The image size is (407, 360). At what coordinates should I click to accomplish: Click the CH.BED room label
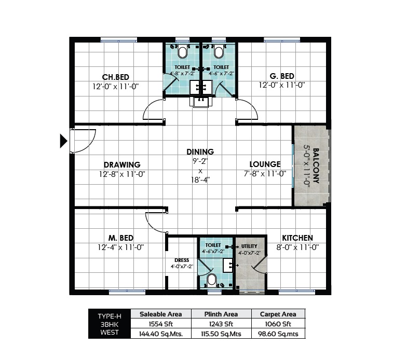click(116, 76)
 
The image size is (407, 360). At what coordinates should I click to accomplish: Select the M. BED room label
click(121, 238)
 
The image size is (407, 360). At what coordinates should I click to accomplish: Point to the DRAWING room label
click(121, 165)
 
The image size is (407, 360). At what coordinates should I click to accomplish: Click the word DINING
click(200, 152)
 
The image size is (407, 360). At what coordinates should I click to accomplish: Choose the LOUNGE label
click(265, 164)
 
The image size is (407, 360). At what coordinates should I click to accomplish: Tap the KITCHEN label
click(297, 238)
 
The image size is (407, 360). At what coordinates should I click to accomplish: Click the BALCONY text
click(316, 167)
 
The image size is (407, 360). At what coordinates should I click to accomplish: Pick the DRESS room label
click(182, 260)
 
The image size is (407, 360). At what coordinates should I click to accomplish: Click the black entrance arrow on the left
click(64, 141)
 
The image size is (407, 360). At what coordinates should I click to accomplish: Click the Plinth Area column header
click(221, 314)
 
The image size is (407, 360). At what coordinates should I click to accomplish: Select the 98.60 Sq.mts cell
click(278, 334)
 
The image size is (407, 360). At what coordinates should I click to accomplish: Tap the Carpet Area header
click(278, 314)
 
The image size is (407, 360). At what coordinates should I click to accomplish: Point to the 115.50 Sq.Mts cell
click(221, 334)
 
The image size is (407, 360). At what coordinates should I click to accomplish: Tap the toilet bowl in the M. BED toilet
click(211, 280)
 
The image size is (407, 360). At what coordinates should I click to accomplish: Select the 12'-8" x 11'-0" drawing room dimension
click(121, 174)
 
